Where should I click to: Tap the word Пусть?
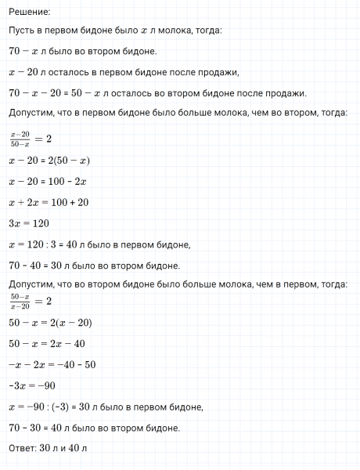(x=22, y=31)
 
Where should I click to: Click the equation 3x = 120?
(x=28, y=225)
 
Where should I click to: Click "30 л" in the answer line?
(x=54, y=448)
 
